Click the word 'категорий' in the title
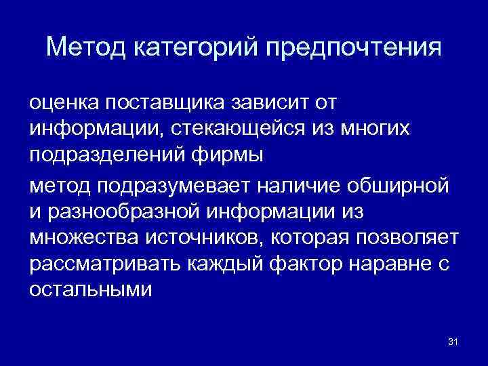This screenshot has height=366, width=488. pos(197,47)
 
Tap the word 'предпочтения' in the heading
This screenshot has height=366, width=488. pos(353,47)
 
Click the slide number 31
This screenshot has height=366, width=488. pos(453,341)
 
